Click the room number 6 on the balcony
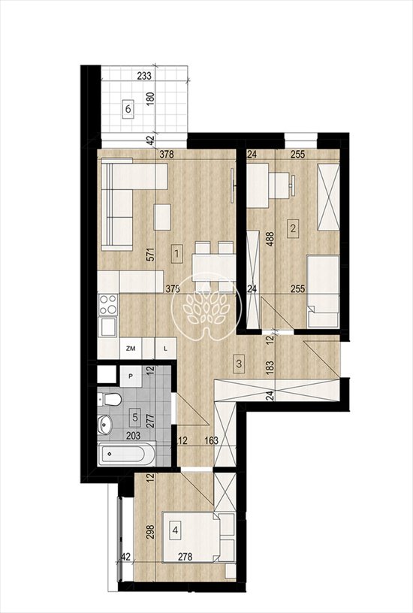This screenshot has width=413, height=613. point(128,109)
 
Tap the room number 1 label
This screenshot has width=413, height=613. point(177,253)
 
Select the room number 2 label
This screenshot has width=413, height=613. point(293,228)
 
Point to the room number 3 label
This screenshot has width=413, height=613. point(239,363)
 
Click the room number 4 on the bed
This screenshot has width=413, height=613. point(176,530)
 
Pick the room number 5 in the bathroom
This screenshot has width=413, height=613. point(135,416)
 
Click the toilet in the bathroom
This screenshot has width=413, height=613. point(110,399)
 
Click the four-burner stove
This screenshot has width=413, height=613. point(108,304)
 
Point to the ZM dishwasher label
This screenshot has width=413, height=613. point(131,349)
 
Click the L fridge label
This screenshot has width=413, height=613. point(165,349)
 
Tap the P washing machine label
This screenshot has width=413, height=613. point(131,376)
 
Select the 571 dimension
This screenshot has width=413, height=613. point(152,254)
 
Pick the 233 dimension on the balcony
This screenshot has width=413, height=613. point(144,76)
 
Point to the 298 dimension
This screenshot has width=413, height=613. point(152,532)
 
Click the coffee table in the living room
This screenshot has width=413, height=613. point(163,217)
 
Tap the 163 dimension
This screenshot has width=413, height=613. point(212,440)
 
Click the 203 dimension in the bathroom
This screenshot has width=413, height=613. point(134,435)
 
